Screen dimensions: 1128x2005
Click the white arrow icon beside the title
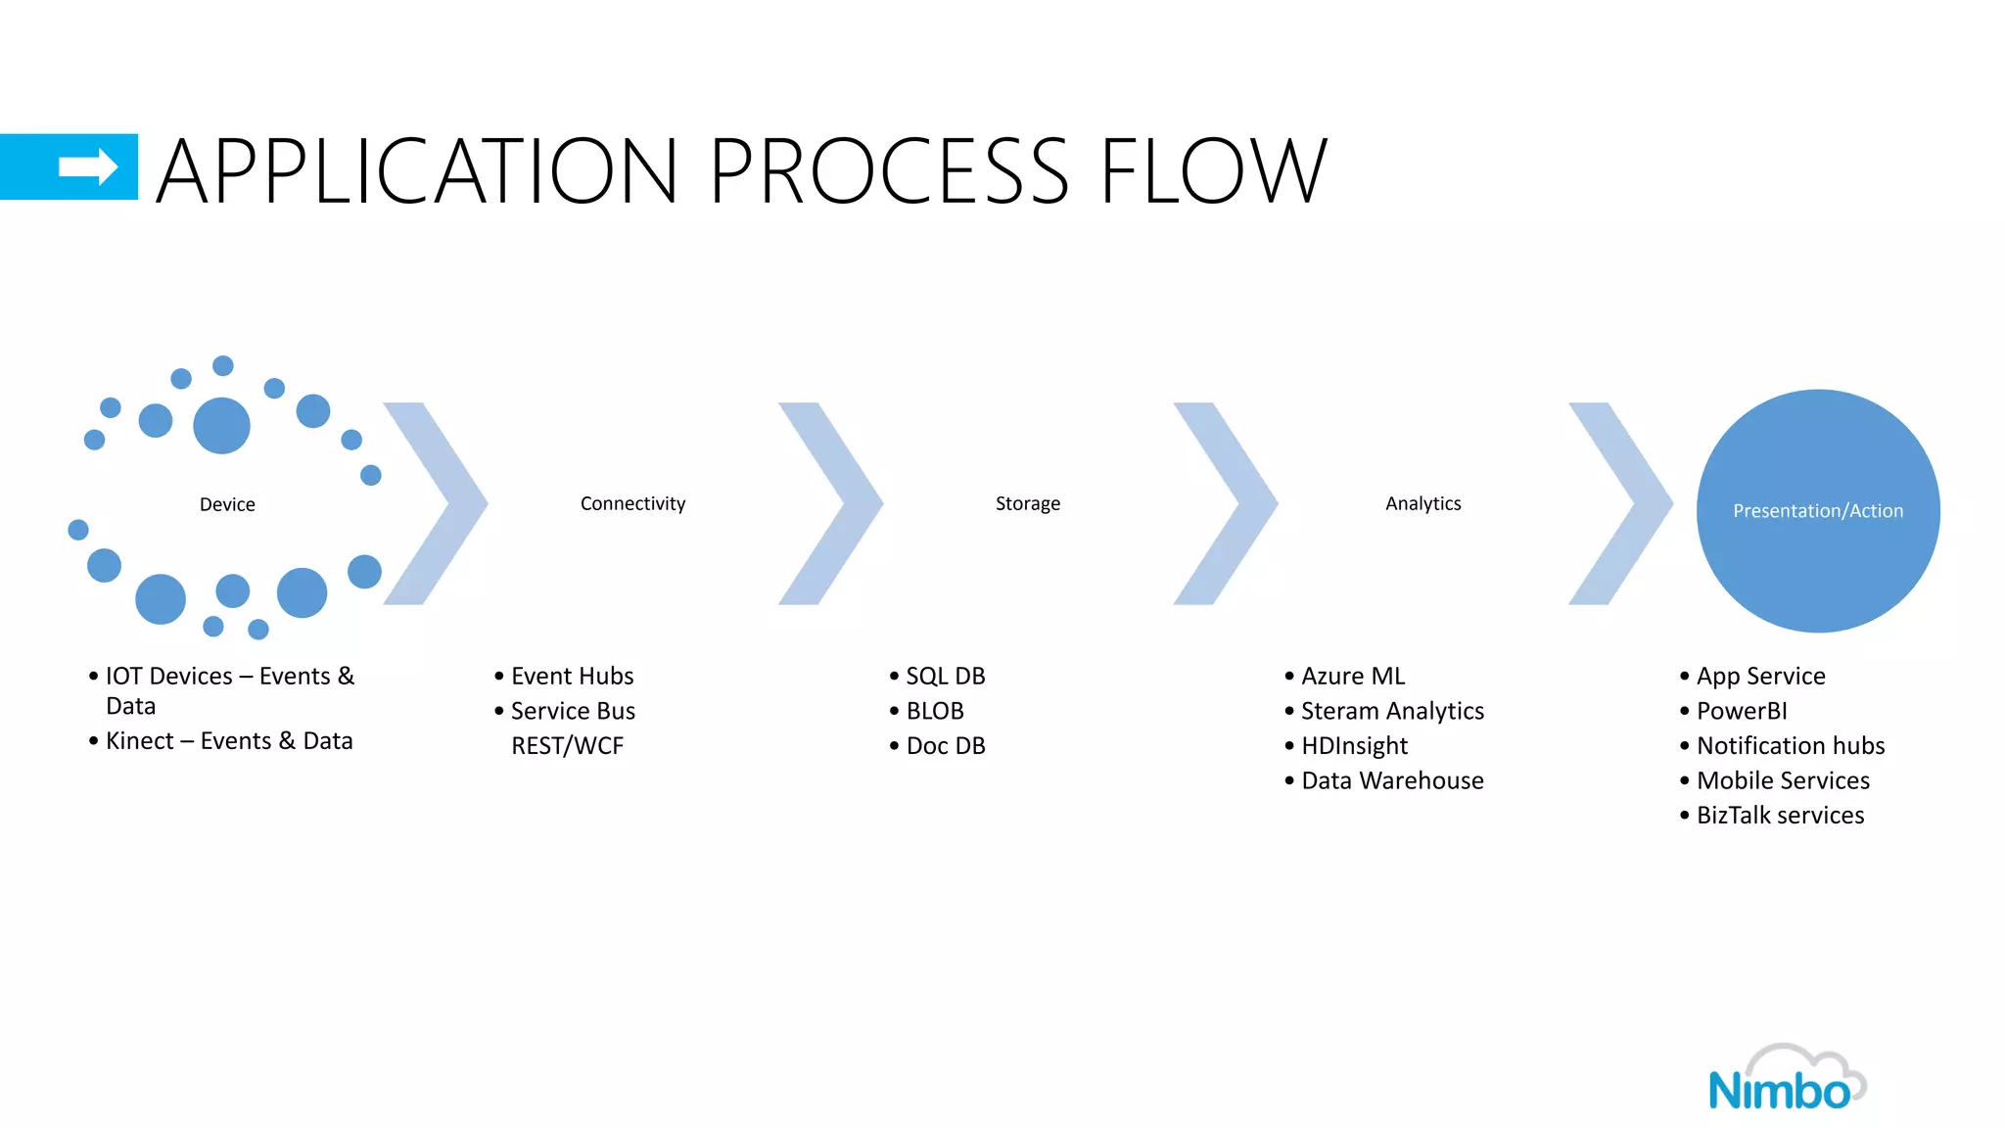coord(88,166)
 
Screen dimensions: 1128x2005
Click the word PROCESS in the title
coord(888,171)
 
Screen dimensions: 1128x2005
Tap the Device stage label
coord(227,504)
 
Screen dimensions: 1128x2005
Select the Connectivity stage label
coord(632,503)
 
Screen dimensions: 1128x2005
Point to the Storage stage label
coord(1027,503)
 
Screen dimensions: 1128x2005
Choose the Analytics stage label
coord(1422,503)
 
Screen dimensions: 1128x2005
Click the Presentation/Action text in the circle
coord(1817,510)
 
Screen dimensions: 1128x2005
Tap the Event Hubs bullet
coord(572,676)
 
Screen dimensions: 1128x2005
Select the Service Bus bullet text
coord(573,711)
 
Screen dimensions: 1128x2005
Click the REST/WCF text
coord(567,746)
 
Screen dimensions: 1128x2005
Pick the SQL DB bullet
coord(945,676)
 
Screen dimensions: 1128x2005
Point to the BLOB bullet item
coord(934,711)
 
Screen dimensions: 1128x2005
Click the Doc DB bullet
coord(945,746)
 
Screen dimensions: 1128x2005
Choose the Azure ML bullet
coord(1352,676)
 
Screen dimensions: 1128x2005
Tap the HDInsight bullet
coord(1354,746)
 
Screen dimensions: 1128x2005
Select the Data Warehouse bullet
coord(1392,780)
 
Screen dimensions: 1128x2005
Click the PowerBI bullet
coord(1741,711)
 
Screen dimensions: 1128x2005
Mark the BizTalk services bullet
coord(1780,815)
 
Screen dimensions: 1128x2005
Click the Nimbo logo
coord(1786,1080)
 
